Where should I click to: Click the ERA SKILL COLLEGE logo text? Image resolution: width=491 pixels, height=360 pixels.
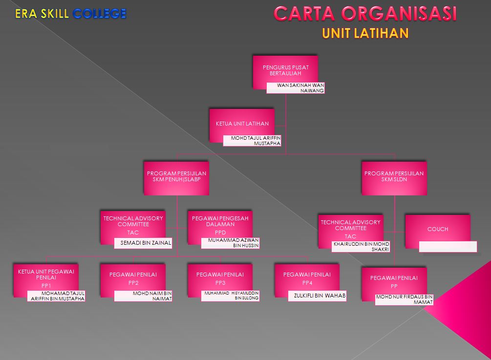point(70,14)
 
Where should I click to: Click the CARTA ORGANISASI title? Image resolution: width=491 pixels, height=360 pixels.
point(365,14)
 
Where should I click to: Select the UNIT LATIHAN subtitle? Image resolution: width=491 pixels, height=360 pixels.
point(365,33)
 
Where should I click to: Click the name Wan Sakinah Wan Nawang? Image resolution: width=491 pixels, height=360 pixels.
point(296,88)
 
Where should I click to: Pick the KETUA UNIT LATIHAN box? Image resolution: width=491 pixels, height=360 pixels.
point(242,124)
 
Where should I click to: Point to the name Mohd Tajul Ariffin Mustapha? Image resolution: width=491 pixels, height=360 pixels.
point(252,141)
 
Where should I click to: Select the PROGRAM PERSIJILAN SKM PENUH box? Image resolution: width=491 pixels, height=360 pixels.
point(176,178)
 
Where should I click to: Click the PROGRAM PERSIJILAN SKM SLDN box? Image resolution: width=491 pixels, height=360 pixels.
point(394,178)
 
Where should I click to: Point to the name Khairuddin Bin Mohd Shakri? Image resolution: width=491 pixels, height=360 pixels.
point(361,247)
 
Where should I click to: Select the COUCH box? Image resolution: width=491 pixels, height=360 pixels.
point(437,231)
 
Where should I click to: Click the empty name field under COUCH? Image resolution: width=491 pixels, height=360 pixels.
point(448,247)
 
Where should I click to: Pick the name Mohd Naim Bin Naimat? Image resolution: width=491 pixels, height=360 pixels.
point(143,296)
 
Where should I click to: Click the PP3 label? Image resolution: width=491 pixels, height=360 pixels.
point(220,283)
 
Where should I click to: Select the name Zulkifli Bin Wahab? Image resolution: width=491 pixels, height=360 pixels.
point(317,296)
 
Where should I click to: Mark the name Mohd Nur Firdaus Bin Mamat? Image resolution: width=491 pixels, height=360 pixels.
point(404,299)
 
